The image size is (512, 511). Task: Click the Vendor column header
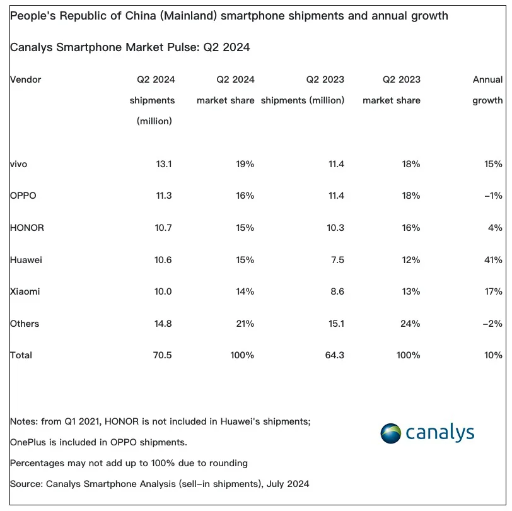pyautogui.click(x=25, y=79)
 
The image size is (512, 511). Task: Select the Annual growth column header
pyautogui.click(x=487, y=90)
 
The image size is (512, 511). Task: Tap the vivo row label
pyautogui.click(x=19, y=164)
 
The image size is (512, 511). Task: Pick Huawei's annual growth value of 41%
pyautogui.click(x=493, y=260)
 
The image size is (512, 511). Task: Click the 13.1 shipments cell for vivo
pyautogui.click(x=164, y=164)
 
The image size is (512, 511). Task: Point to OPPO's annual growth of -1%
pyautogui.click(x=493, y=196)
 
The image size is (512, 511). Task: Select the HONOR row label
pyautogui.click(x=26, y=228)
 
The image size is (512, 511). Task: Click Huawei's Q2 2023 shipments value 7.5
pyautogui.click(x=337, y=260)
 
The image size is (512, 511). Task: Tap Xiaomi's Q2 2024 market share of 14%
pyautogui.click(x=245, y=291)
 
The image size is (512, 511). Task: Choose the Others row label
pyautogui.click(x=25, y=324)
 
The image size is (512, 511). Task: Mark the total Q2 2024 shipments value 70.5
pyautogui.click(x=162, y=355)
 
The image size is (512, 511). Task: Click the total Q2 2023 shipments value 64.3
pyautogui.click(x=335, y=355)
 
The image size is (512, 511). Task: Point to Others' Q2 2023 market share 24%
pyautogui.click(x=410, y=324)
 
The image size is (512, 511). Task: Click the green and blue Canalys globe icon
pyautogui.click(x=390, y=433)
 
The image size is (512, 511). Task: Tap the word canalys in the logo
pyautogui.click(x=440, y=433)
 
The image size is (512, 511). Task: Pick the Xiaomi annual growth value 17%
pyautogui.click(x=493, y=291)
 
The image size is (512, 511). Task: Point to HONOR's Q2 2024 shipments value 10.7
pyautogui.click(x=163, y=228)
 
